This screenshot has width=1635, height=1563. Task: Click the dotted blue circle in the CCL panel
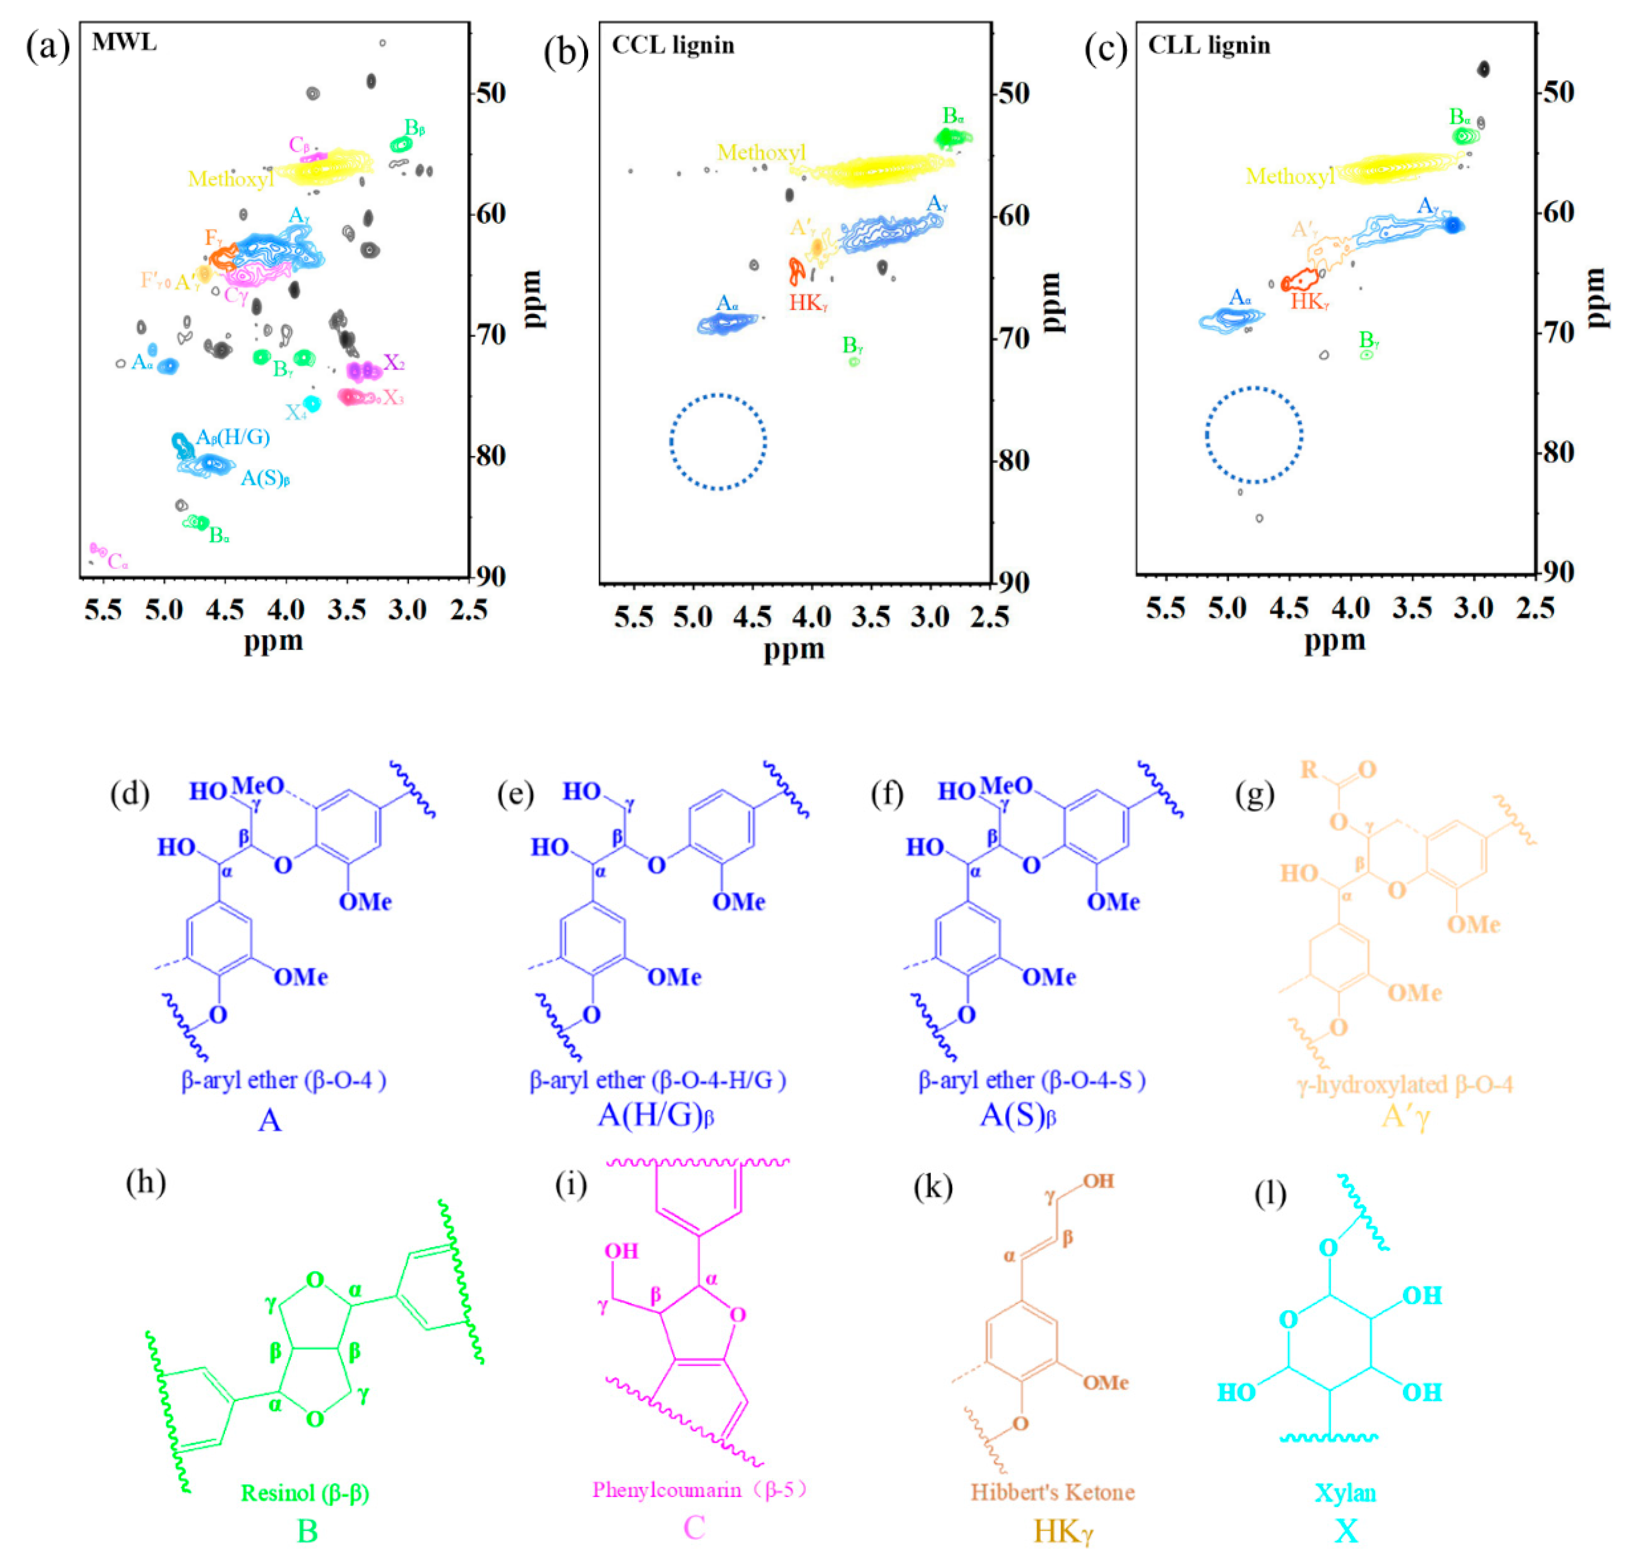pos(718,441)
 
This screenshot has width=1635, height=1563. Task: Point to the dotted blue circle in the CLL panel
pos(1254,435)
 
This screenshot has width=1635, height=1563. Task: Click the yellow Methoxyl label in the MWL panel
pos(230,179)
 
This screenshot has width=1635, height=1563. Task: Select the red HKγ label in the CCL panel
pos(808,303)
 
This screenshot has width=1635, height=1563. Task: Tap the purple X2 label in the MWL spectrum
pos(393,363)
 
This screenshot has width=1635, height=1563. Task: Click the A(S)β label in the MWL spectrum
pos(265,478)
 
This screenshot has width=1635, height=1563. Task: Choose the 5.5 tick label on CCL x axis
pos(633,618)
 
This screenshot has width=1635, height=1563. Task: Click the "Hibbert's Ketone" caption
pos(1052,1491)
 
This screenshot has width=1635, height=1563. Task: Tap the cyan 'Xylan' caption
pos(1345,1492)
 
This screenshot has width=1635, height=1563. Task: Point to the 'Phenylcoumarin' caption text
pos(666,1490)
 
